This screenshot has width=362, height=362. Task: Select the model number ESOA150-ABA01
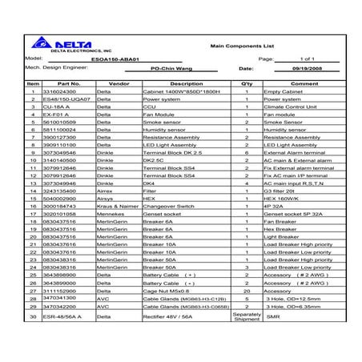135,60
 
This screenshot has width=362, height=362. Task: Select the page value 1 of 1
308,60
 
